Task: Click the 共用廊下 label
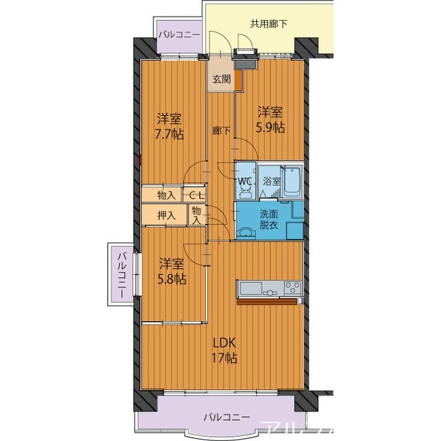(269, 24)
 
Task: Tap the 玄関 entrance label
(222, 79)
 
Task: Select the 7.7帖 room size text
(170, 134)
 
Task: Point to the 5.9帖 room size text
(270, 127)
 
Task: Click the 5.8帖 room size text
(172, 279)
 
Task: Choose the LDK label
(224, 343)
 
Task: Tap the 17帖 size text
(224, 358)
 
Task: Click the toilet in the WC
(245, 192)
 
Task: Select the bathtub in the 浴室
(291, 181)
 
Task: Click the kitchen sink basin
(250, 288)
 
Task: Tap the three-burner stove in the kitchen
(292, 287)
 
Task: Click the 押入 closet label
(167, 216)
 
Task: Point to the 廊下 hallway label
(221, 130)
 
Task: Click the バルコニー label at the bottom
(227, 417)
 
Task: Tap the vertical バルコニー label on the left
(122, 276)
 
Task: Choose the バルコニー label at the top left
(179, 35)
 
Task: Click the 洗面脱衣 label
(269, 220)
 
